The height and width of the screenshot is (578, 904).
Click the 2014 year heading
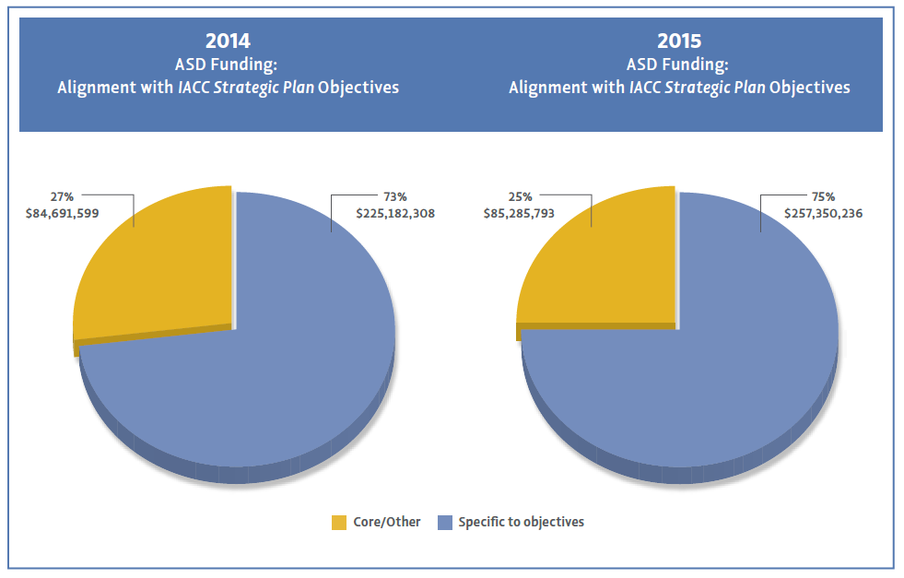[228, 41]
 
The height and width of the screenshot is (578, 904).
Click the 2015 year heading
[679, 41]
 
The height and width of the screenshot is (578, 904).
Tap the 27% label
[62, 196]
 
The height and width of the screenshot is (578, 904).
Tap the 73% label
[394, 196]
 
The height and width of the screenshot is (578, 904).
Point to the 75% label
[823, 196]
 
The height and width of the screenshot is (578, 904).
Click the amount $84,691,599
[62, 213]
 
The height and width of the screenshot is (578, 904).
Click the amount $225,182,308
[395, 213]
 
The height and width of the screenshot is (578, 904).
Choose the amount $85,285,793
[522, 213]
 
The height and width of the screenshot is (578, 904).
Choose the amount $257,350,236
[823, 213]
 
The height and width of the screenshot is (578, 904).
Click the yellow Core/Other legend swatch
[338, 523]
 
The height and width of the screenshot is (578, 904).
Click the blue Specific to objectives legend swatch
[444, 523]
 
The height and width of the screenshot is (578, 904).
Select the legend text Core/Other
[387, 522]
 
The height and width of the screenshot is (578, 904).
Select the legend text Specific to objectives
[522, 522]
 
